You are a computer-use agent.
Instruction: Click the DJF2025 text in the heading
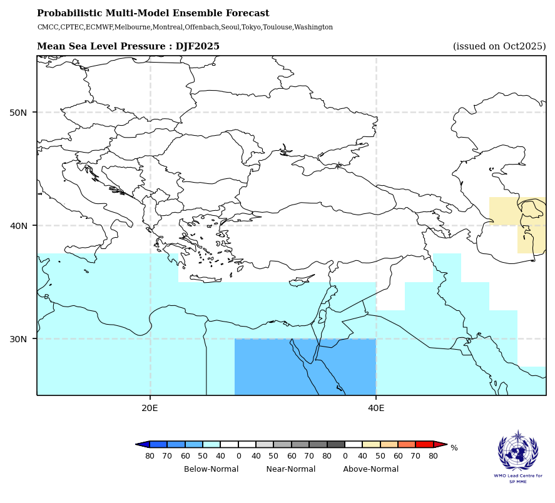tap(197, 46)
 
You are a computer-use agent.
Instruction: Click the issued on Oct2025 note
tap(499, 46)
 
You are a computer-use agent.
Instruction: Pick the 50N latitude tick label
tap(19, 113)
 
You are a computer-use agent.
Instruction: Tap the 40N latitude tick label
tap(19, 226)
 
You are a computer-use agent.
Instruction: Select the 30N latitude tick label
tap(19, 339)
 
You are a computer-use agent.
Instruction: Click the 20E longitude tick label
tap(150, 408)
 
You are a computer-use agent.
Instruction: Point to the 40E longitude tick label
tap(376, 408)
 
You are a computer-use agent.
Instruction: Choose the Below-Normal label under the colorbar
tap(211, 469)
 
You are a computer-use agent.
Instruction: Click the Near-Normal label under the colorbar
tap(290, 469)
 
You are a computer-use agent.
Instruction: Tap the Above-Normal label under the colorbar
tap(370, 469)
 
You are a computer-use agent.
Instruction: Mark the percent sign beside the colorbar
tap(454, 448)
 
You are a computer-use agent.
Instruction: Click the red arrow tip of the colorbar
tap(441, 444)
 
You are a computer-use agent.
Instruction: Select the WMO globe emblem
tap(517, 452)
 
